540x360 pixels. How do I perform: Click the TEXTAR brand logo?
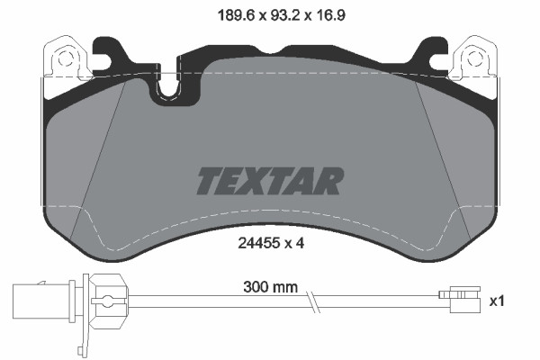pos(270,181)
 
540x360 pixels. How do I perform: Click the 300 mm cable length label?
pos(269,290)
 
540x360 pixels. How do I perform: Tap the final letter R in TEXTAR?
pos(329,181)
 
